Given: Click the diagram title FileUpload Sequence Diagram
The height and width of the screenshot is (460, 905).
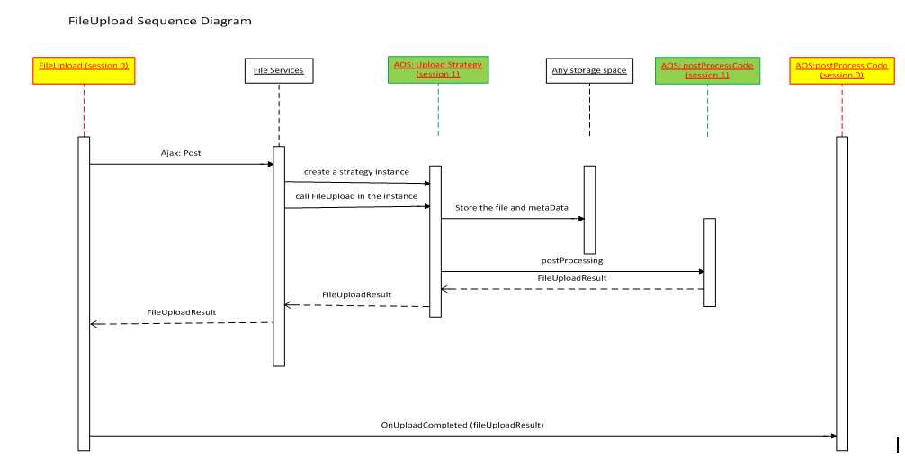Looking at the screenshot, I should (160, 20).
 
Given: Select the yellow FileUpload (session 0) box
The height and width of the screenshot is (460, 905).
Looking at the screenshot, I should (84, 70).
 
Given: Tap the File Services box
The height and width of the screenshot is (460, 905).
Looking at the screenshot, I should (279, 70).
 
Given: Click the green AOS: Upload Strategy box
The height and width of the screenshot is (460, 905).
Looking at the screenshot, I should (438, 69).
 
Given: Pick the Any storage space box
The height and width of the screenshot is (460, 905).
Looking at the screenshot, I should (589, 70).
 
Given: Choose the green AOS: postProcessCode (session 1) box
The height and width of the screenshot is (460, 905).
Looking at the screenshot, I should (707, 70).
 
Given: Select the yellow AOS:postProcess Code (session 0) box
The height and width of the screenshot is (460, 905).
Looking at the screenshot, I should (842, 70).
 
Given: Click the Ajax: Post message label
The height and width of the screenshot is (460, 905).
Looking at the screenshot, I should (181, 153).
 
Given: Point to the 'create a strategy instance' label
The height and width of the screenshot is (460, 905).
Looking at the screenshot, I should (356, 171).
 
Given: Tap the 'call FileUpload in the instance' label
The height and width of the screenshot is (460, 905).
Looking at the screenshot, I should (356, 195).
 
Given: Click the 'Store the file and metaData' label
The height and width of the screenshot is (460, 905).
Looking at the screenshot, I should (512, 207).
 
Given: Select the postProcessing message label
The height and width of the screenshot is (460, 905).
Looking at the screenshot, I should (572, 260).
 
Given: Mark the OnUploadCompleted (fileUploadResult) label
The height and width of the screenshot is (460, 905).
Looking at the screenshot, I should (462, 423).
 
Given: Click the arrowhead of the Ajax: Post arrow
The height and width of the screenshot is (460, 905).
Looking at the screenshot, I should (269, 164).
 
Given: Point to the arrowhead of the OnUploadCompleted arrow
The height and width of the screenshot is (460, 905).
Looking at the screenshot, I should (832, 436).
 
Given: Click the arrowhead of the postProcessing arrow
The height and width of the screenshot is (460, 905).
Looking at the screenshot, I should (700, 272).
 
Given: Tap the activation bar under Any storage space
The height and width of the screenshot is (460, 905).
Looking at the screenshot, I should (589, 209).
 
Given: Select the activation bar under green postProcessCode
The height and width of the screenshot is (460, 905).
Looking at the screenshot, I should (709, 262).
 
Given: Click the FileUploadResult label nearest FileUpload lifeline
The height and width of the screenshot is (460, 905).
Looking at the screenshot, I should (181, 311).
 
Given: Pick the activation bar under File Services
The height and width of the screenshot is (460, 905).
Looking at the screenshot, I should (279, 256).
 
